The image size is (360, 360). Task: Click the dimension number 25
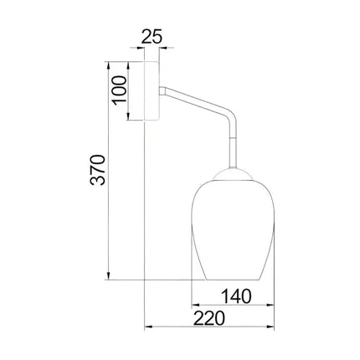(x=152, y=37)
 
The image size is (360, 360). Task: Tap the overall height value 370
(x=99, y=171)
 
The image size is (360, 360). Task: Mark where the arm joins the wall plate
(x=162, y=89)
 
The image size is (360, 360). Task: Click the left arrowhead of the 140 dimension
(x=194, y=305)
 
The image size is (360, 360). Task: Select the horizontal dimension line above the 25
(x=152, y=49)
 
